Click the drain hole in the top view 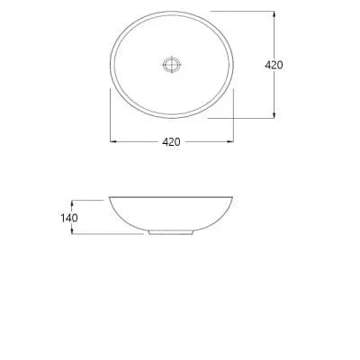(172, 64)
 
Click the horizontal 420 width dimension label (172, 141)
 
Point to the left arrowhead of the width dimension (112, 141)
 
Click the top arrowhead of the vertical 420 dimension (274, 13)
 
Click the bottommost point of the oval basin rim (172, 118)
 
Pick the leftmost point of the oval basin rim (110, 64)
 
